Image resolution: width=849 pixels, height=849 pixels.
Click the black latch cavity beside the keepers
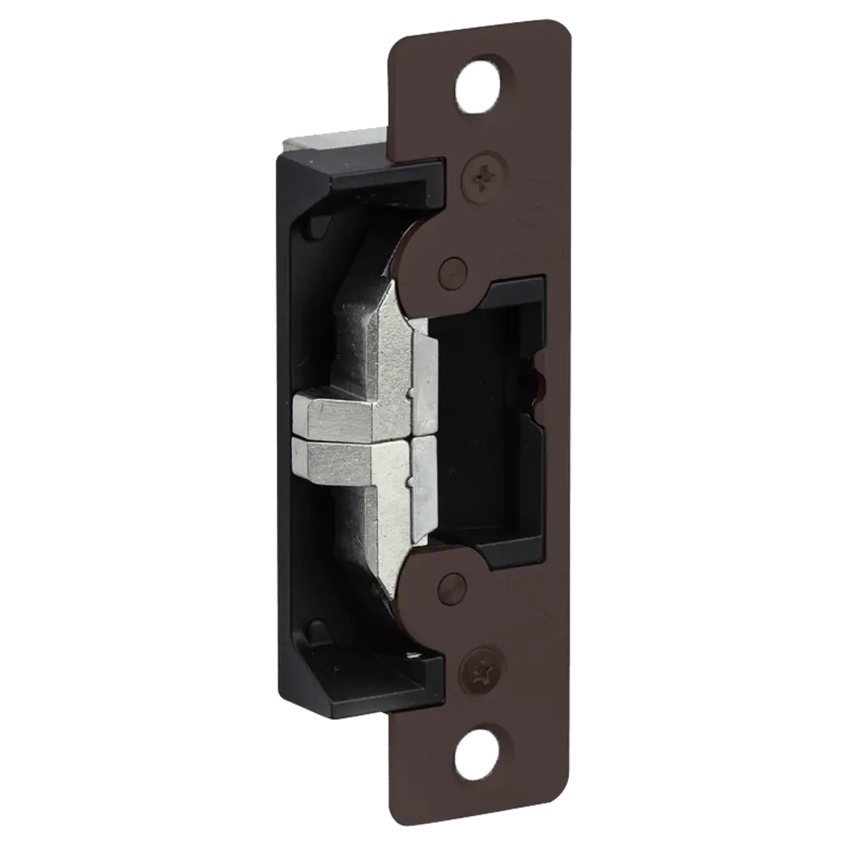coord(475,424)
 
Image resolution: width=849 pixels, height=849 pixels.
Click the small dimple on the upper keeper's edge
coord(410,394)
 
